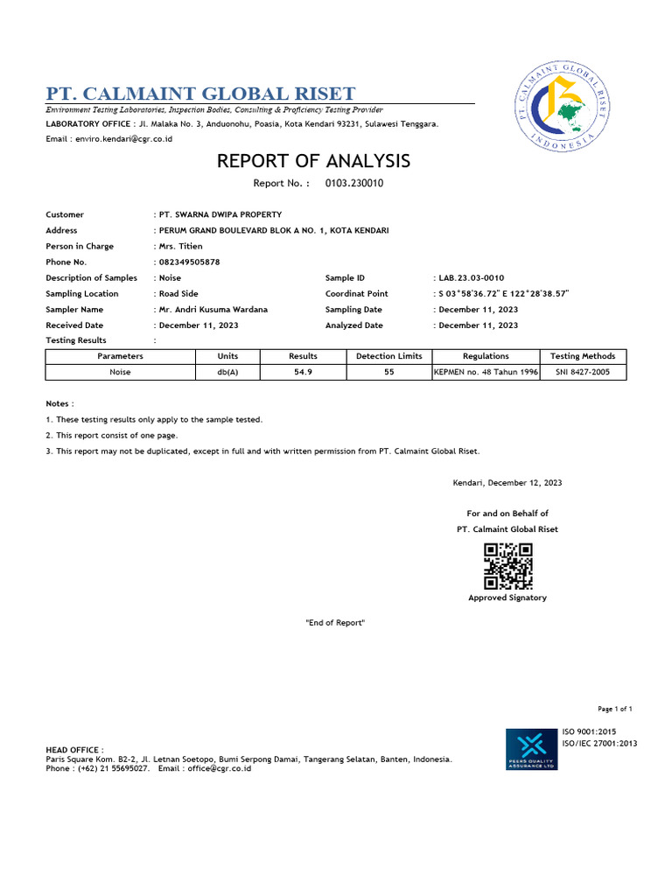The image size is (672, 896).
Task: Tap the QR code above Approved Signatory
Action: click(x=508, y=565)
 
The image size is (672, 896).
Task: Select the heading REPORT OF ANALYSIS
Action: click(x=313, y=161)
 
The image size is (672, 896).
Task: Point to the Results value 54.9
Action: click(x=303, y=372)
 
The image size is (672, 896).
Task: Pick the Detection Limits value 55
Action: click(x=389, y=372)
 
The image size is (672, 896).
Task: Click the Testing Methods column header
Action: click(x=583, y=356)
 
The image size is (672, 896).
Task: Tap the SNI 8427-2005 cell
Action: click(x=583, y=372)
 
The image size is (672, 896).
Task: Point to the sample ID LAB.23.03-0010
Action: click(x=471, y=277)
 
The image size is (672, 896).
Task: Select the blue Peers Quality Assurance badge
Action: click(x=532, y=749)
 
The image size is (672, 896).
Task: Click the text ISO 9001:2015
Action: click(x=589, y=731)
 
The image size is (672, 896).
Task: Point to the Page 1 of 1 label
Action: click(x=615, y=709)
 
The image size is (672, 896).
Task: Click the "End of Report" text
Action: click(x=334, y=622)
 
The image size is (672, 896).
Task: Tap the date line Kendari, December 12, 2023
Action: click(x=507, y=483)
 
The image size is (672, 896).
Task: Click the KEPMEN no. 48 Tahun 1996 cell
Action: click(x=486, y=372)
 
